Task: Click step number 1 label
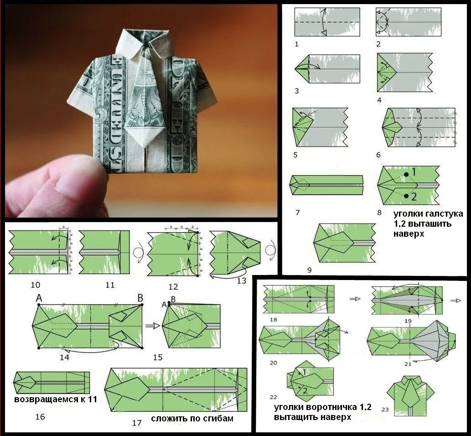[297, 44]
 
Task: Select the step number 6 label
[378, 155]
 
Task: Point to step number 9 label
[310, 270]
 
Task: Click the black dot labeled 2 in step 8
[406, 196]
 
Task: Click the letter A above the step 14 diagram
[39, 298]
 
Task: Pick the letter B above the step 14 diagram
[140, 298]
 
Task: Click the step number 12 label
[173, 287]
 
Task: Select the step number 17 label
[137, 423]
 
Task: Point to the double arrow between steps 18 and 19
[355, 299]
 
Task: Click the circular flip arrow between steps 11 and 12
[138, 252]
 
